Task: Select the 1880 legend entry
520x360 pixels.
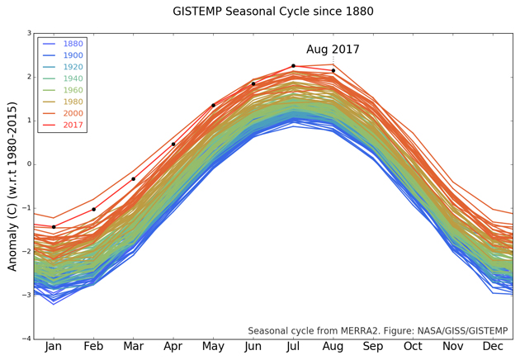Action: [73, 44]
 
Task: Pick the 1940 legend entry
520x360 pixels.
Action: [73, 78]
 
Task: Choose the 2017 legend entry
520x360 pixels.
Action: [73, 125]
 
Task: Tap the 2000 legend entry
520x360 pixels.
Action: [73, 113]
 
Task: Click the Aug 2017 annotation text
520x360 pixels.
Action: [333, 50]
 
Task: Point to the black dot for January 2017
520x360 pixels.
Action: [54, 227]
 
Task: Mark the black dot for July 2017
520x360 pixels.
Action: [293, 66]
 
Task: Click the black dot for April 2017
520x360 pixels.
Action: [173, 144]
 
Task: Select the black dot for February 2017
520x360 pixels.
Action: [93, 209]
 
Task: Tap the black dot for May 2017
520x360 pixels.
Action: [213, 105]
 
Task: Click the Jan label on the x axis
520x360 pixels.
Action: [54, 348]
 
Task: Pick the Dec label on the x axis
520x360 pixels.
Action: [493, 348]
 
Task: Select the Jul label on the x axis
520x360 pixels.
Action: [293, 348]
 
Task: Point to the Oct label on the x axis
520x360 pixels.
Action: [413, 348]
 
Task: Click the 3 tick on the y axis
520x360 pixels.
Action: [29, 34]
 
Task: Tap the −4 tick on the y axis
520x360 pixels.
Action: [27, 339]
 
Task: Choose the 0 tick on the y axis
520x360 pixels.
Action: [29, 164]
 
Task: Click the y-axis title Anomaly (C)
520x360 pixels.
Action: [12, 186]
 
